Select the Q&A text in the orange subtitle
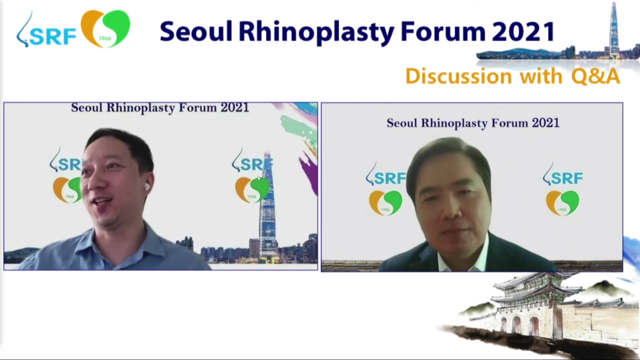(x=596, y=76)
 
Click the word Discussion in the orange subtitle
(x=459, y=76)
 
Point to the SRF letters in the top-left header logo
(x=52, y=37)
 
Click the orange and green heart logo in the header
(x=105, y=29)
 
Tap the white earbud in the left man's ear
(x=147, y=187)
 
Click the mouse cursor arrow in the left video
(x=259, y=179)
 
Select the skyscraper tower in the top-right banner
(x=614, y=30)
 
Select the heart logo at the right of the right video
(x=562, y=203)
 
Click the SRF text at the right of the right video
(x=567, y=178)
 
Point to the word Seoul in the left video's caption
(x=87, y=108)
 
